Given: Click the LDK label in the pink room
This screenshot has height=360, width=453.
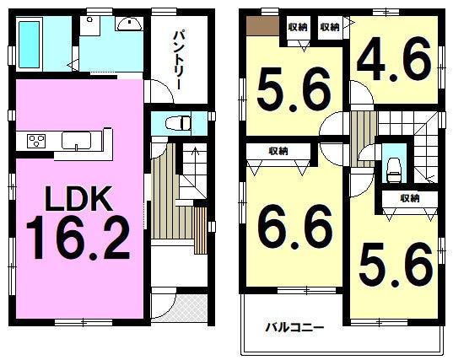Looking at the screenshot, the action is tap(78, 199).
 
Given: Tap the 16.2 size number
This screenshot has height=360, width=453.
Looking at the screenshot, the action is tap(78, 238).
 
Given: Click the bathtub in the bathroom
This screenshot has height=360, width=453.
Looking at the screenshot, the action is tap(30, 45).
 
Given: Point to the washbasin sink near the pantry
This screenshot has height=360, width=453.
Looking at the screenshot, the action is tap(129, 24).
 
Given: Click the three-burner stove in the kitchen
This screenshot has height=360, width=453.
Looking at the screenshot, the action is tap(36, 141).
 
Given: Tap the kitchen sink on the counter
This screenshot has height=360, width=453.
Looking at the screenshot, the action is tap(76, 141).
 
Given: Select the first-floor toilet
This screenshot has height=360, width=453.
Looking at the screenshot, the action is tap(178, 124).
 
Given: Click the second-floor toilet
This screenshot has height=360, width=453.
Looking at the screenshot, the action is tap(394, 169).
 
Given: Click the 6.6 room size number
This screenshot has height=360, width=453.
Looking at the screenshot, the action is tap(294, 227).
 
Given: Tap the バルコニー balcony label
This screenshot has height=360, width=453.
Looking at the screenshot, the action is tap(294, 328).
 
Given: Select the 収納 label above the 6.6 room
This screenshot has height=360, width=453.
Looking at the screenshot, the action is tap(278, 151).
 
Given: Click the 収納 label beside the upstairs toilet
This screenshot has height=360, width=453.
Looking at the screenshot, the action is tap(410, 198).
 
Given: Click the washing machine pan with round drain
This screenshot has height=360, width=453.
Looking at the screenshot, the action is tap(90, 25).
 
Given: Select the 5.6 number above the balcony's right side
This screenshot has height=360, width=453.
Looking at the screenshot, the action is tap(396, 265).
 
